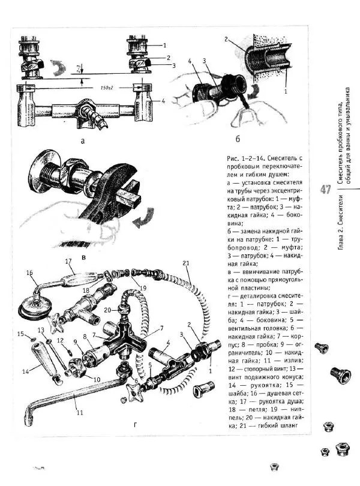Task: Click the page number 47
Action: tap(326, 190)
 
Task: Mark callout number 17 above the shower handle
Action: tap(68, 261)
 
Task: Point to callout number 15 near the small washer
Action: tap(20, 334)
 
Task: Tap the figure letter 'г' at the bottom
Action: tap(136, 424)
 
